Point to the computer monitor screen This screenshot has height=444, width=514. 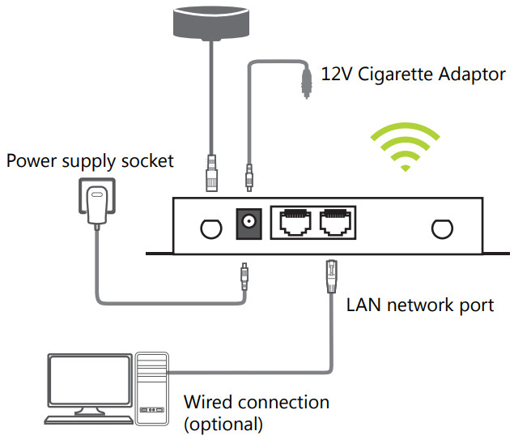click(90, 382)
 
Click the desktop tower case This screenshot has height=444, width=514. click(153, 387)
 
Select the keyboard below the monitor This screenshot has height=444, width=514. click(90, 420)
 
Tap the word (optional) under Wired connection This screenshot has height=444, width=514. click(223, 422)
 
